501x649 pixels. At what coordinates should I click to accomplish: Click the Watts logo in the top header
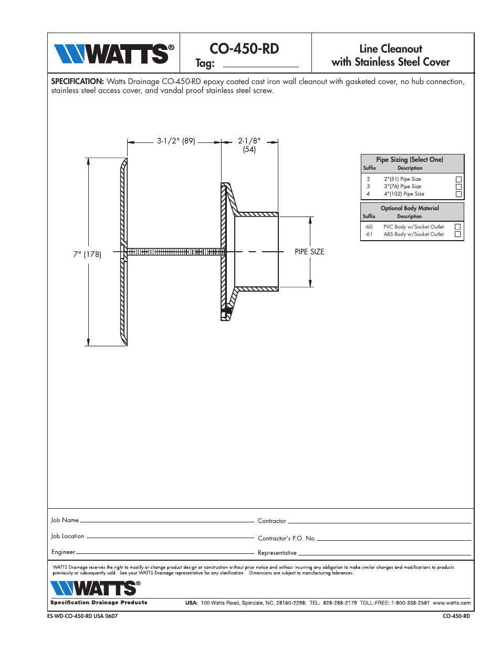click(x=113, y=54)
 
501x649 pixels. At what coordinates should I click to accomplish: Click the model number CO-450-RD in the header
click(x=244, y=49)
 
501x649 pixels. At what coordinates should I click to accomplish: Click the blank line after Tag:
click(x=260, y=64)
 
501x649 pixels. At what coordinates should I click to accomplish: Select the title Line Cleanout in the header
click(x=390, y=49)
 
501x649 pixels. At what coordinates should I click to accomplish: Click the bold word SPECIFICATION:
click(x=77, y=81)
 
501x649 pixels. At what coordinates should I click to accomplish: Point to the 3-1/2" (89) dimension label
click(x=176, y=141)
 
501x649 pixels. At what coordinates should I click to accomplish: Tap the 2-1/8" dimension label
click(x=249, y=141)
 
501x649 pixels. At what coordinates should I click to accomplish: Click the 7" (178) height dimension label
click(x=87, y=254)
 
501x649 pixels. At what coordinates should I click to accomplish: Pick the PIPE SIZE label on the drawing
click(x=309, y=252)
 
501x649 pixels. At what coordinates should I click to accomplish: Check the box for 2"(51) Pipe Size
click(x=458, y=179)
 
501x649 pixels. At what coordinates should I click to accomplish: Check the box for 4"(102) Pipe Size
click(x=458, y=194)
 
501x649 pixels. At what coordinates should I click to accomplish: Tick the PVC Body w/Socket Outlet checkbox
click(x=457, y=227)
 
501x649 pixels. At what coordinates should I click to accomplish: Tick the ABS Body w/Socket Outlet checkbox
click(x=457, y=234)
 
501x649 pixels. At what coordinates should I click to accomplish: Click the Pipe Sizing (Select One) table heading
click(x=410, y=160)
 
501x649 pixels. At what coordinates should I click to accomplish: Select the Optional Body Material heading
click(x=410, y=208)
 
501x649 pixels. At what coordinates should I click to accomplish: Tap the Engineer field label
click(x=63, y=552)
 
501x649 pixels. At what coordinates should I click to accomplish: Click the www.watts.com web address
click(x=451, y=603)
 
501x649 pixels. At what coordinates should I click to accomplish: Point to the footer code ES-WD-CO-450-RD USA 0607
click(x=82, y=616)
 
